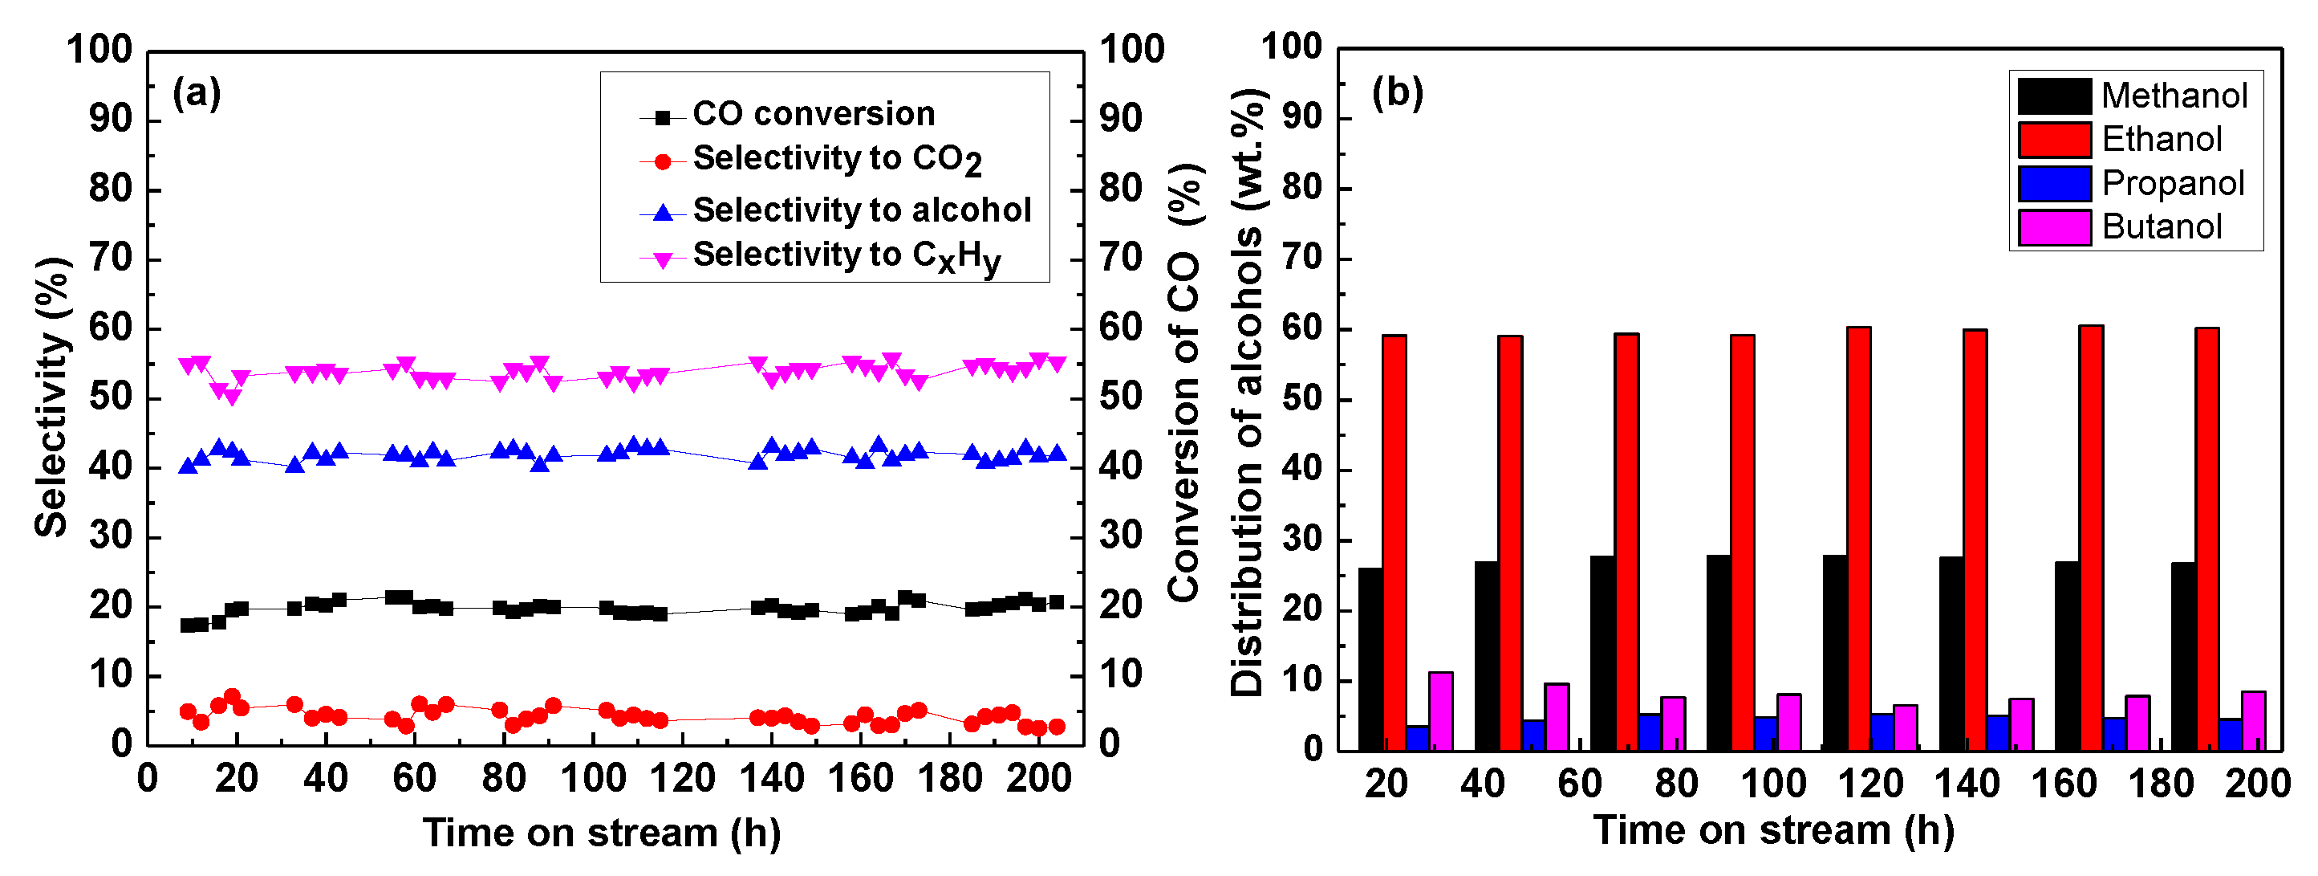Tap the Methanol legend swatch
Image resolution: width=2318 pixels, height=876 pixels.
(x=2053, y=96)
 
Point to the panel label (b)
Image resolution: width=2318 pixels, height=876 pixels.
(x=1397, y=92)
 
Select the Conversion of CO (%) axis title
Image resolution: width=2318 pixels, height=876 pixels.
(x=1184, y=383)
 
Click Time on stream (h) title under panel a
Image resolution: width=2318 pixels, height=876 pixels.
(x=601, y=833)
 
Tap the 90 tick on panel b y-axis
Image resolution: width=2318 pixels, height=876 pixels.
(x=1304, y=117)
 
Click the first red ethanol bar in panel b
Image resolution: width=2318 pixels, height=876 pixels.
(x=1394, y=543)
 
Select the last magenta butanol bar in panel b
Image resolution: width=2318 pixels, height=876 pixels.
(x=2253, y=721)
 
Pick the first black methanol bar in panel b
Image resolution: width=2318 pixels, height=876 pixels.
(x=1370, y=659)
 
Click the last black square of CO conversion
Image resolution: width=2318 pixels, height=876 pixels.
(x=1057, y=602)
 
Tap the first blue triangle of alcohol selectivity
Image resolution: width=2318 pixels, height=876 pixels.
(x=188, y=466)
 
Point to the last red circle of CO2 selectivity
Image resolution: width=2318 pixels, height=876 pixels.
(x=1057, y=727)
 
